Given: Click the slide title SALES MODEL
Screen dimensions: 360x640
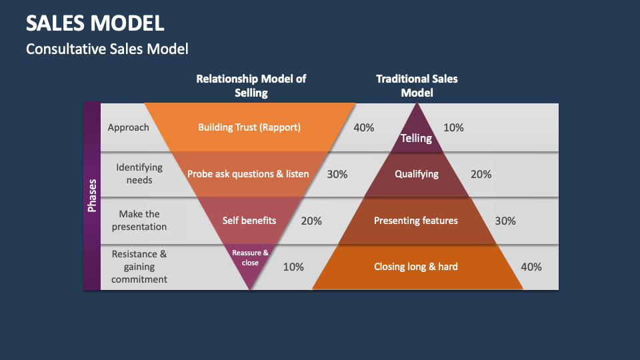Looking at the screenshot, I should coord(95,23).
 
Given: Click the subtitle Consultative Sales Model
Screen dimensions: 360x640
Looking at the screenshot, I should coord(107,49).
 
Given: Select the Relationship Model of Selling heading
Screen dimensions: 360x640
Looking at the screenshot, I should coord(251,85).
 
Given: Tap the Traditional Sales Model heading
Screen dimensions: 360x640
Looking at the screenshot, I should coord(417,85).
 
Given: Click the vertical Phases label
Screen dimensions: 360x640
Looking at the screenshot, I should coord(92,195).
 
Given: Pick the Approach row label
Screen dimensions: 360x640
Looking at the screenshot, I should coord(129,127).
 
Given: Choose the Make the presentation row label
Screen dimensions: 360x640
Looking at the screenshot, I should coord(139,220).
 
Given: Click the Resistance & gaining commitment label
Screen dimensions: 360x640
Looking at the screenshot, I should coord(139,267).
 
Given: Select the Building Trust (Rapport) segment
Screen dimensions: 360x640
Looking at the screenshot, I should coord(249,127).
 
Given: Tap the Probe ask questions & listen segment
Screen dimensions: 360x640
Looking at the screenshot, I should coord(248,174).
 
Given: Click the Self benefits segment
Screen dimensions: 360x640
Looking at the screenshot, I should coord(249,220).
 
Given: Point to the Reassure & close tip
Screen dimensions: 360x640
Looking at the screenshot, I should coord(250,257).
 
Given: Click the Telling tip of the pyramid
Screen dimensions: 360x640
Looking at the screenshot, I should coord(416,138).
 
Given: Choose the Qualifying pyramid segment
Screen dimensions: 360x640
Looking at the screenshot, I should coord(417,174).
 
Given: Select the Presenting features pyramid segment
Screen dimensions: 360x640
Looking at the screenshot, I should coord(416,220).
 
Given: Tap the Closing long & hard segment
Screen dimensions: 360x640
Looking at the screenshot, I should coord(416,267).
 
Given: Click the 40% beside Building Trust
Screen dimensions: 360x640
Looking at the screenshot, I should coord(363,127).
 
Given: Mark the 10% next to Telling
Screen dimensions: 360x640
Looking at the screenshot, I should coord(453,127).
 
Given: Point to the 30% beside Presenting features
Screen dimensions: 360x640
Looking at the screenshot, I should coord(505,221).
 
